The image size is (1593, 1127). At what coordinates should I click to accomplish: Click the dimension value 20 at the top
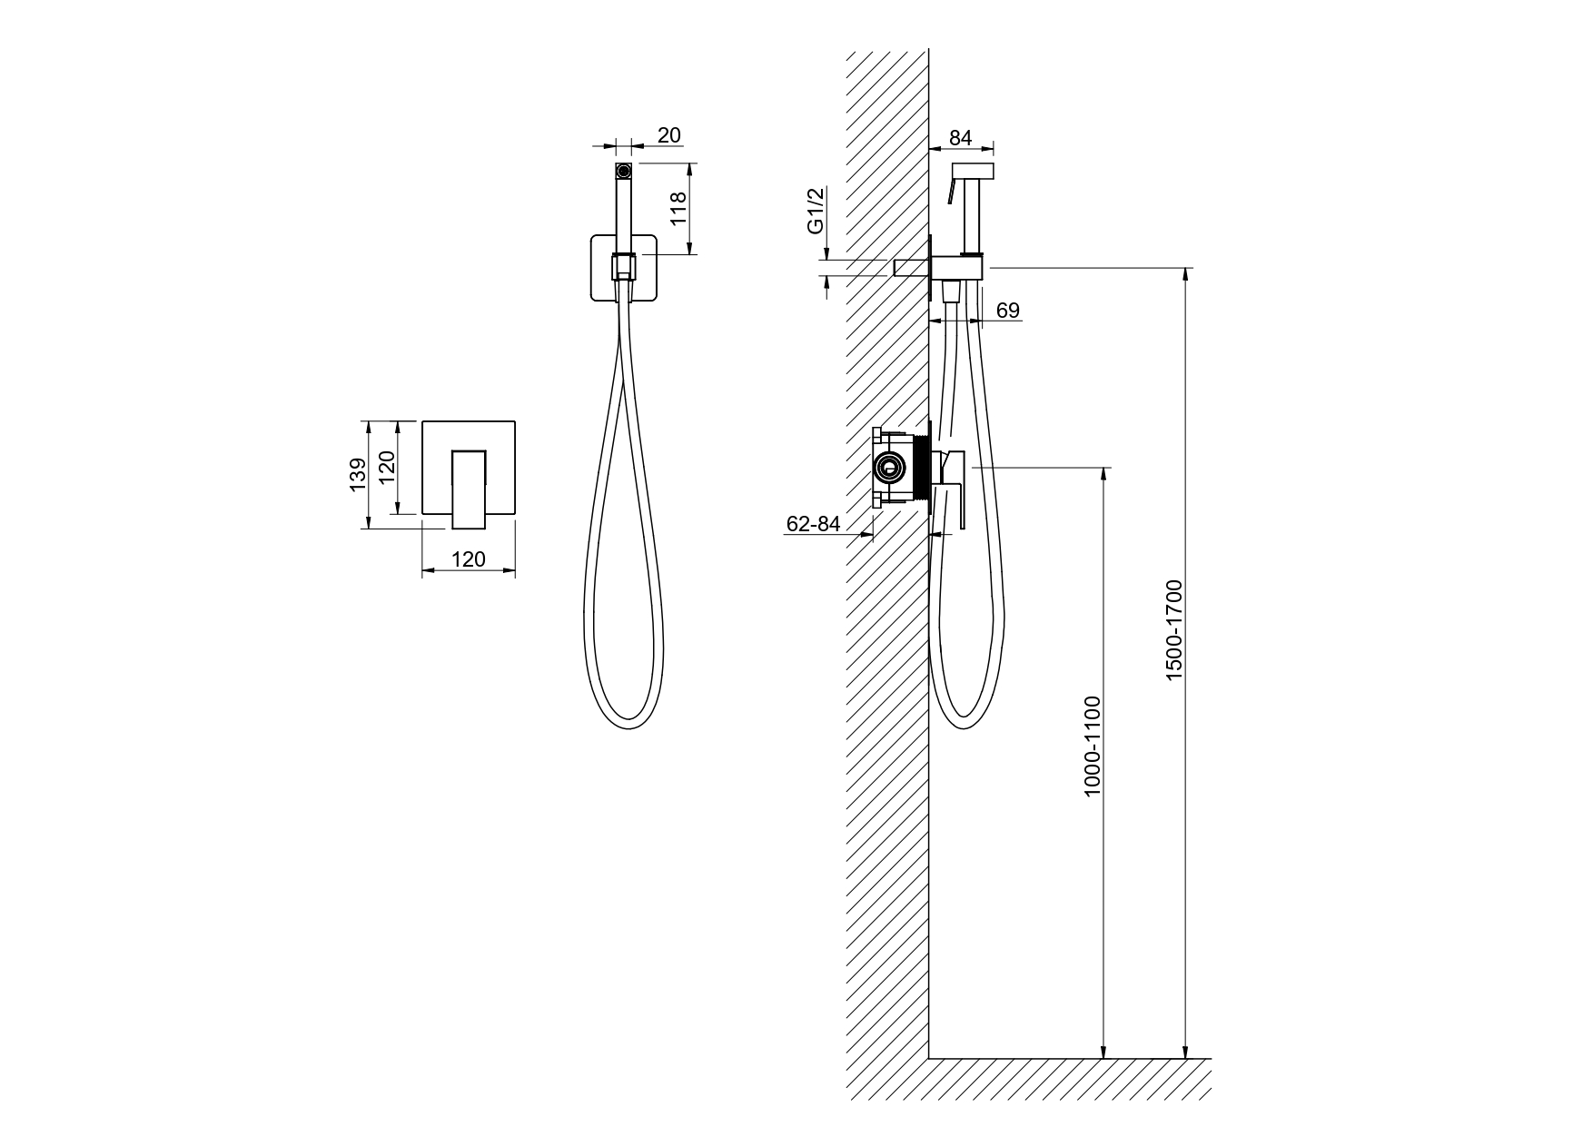coord(668,135)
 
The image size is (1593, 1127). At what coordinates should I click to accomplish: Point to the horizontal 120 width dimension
coord(469,559)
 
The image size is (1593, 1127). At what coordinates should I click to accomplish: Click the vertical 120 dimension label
coord(388,468)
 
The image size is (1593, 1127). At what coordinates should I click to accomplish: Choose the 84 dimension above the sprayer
coord(960,138)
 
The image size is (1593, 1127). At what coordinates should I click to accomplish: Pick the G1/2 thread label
coord(816,210)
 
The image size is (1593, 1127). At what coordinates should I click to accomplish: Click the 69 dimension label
coord(1008,311)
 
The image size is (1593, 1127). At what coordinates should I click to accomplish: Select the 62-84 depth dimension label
coord(814,524)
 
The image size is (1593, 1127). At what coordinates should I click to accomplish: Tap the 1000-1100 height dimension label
coord(1092,746)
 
